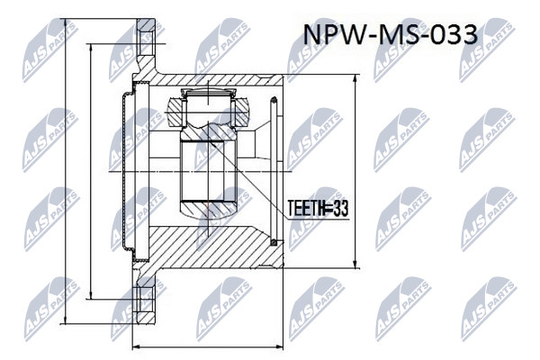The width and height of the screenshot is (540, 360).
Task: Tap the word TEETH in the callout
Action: click(305, 209)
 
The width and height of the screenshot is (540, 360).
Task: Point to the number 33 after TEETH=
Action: click(340, 209)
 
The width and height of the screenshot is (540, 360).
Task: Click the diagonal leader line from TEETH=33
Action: click(247, 180)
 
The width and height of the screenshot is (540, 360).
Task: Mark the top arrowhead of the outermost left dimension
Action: click(65, 23)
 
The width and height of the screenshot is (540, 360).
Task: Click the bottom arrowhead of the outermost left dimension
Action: click(65, 319)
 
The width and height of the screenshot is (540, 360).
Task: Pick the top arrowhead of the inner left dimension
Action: click(91, 49)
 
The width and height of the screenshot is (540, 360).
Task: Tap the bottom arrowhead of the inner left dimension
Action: click(91, 294)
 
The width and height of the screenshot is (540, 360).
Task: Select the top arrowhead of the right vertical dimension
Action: click(355, 79)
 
